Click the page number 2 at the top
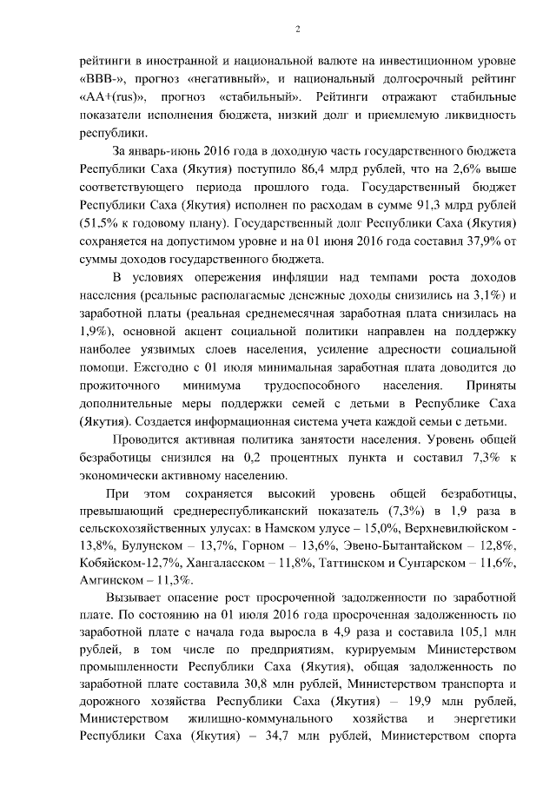click(x=297, y=29)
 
